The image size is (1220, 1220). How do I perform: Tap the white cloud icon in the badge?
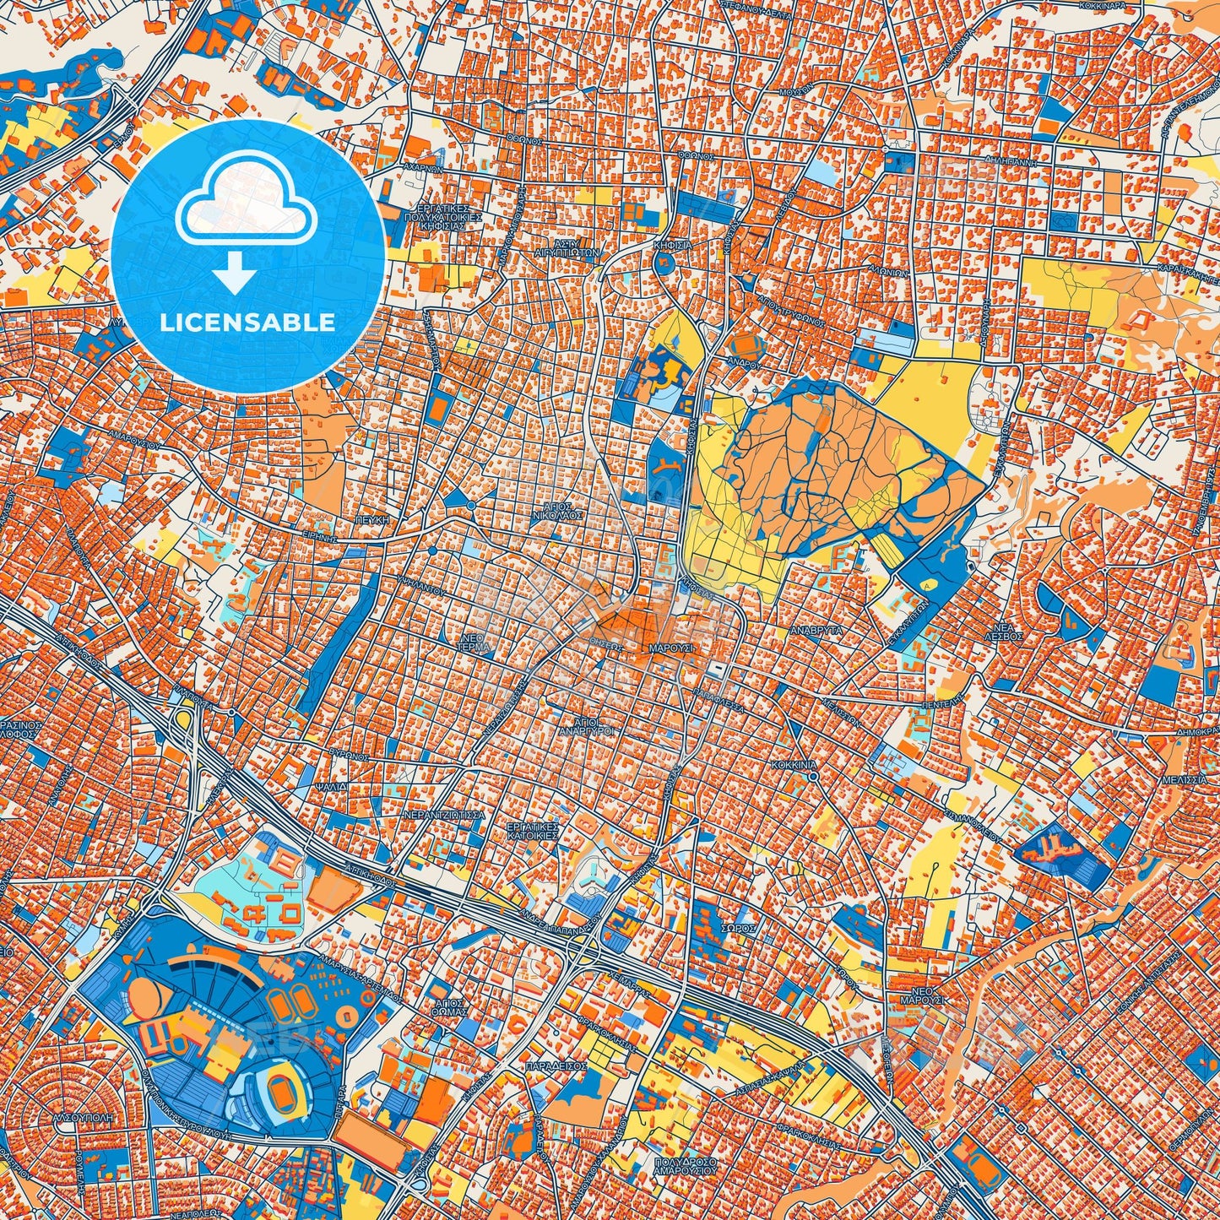246,211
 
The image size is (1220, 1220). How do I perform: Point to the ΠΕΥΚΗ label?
371,521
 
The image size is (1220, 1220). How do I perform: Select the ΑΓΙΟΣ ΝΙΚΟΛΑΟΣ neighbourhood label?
557,511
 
